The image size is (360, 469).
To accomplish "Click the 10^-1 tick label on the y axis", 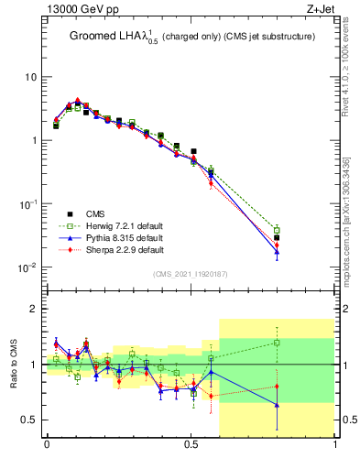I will point(27,204).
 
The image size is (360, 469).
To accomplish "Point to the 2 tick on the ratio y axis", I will point(33,310).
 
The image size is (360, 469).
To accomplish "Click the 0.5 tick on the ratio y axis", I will point(29,420).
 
